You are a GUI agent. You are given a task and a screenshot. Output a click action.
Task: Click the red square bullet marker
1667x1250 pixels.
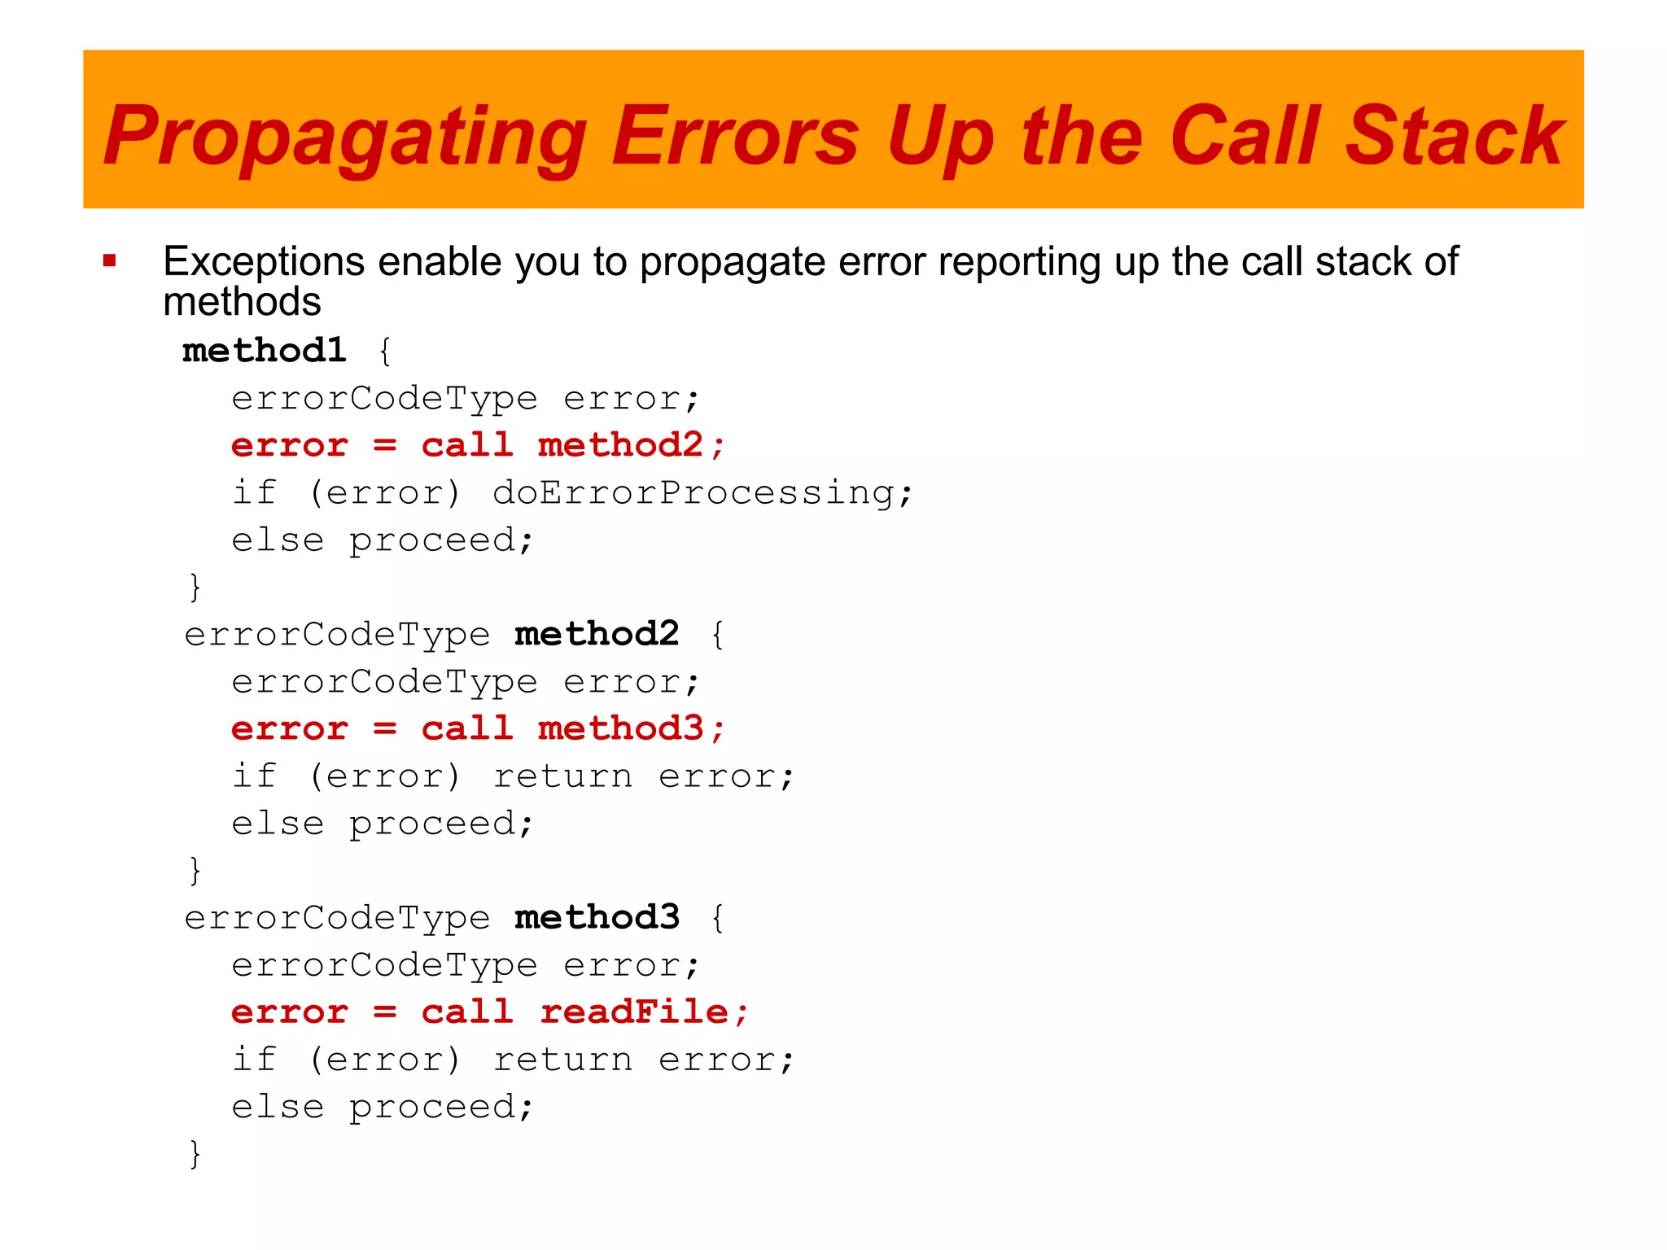click(x=110, y=261)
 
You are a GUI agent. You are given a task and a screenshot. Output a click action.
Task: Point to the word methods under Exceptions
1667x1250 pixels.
click(x=242, y=302)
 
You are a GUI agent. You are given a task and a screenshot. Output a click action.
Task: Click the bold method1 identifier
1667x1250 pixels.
click(x=265, y=351)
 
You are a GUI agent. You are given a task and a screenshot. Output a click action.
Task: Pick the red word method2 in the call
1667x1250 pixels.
click(x=620, y=445)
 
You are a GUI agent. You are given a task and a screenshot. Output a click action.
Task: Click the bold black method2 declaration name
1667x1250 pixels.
click(x=597, y=634)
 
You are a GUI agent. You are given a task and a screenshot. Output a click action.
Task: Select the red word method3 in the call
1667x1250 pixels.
click(x=620, y=728)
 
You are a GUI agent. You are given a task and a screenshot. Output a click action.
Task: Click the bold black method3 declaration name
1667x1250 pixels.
click(x=597, y=917)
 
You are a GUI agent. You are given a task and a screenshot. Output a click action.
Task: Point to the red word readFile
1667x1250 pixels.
click(x=633, y=1012)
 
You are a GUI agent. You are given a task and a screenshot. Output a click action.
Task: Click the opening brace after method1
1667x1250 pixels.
click(x=385, y=352)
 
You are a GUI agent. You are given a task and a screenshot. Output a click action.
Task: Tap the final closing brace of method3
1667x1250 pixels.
click(x=195, y=1154)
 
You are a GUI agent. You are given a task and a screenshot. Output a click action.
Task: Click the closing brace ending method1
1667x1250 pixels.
click(x=195, y=587)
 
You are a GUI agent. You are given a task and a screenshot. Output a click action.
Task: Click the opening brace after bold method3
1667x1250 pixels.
click(x=717, y=918)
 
